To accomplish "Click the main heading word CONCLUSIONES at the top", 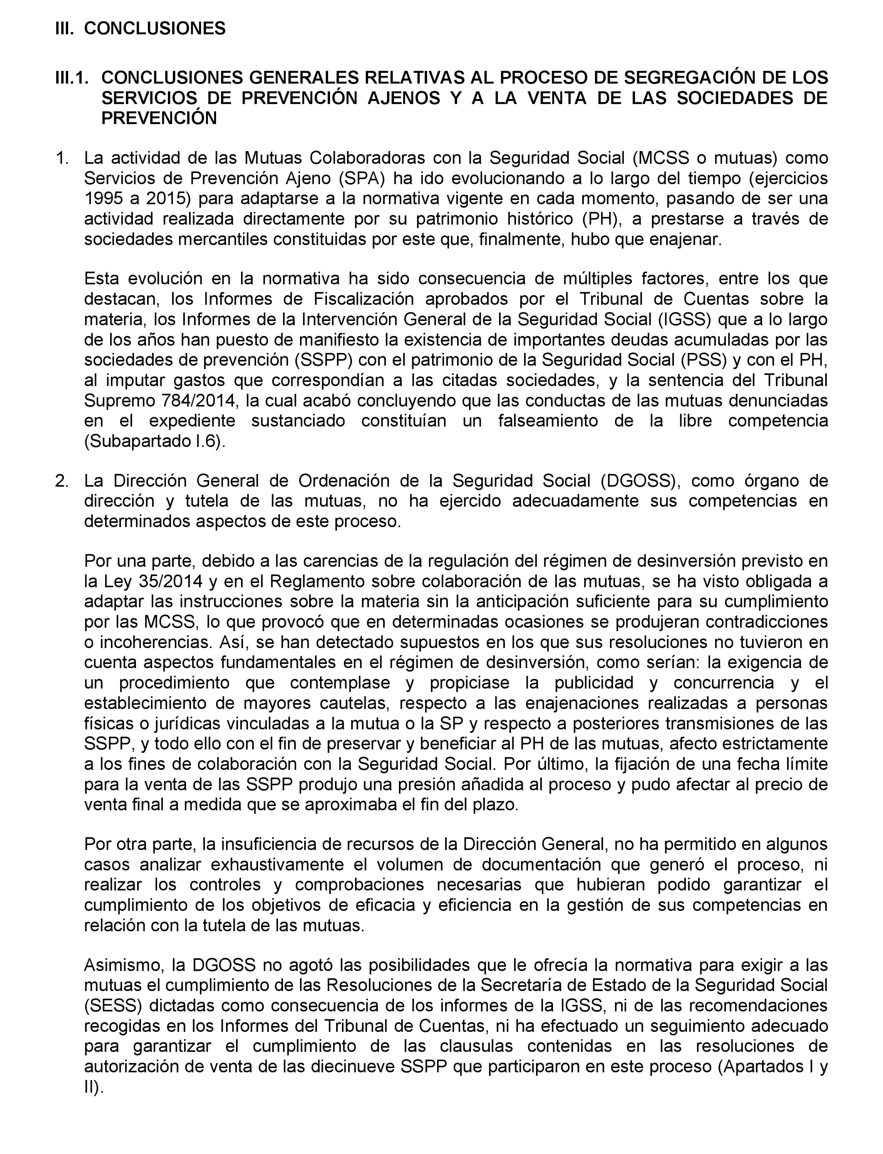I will [x=155, y=28].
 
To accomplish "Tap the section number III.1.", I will [x=71, y=78].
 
